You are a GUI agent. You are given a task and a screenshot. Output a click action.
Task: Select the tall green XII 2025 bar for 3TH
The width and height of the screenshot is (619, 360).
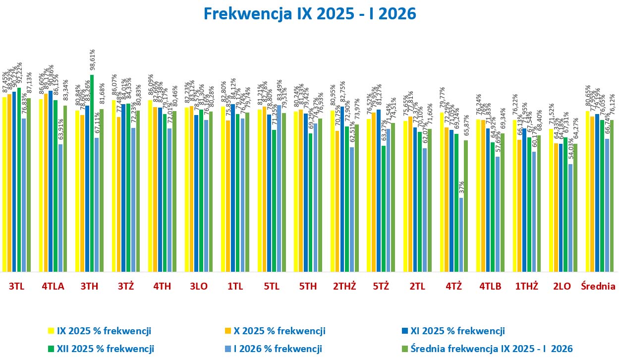[x=92, y=174]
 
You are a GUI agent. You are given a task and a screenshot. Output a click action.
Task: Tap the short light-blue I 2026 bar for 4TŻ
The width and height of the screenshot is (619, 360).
[x=461, y=235]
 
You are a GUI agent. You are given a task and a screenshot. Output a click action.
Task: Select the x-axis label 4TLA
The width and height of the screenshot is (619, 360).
[x=53, y=286]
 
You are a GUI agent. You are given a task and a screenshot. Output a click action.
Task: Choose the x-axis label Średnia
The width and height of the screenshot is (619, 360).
[x=598, y=286]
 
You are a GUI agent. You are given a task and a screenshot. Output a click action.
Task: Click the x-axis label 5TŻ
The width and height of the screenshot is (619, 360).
[x=381, y=286]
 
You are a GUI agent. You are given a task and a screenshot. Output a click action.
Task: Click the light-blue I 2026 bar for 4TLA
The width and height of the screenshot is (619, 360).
[x=60, y=208]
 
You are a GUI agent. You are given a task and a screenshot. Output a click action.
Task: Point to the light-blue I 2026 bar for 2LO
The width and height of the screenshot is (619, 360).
[x=570, y=218]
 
